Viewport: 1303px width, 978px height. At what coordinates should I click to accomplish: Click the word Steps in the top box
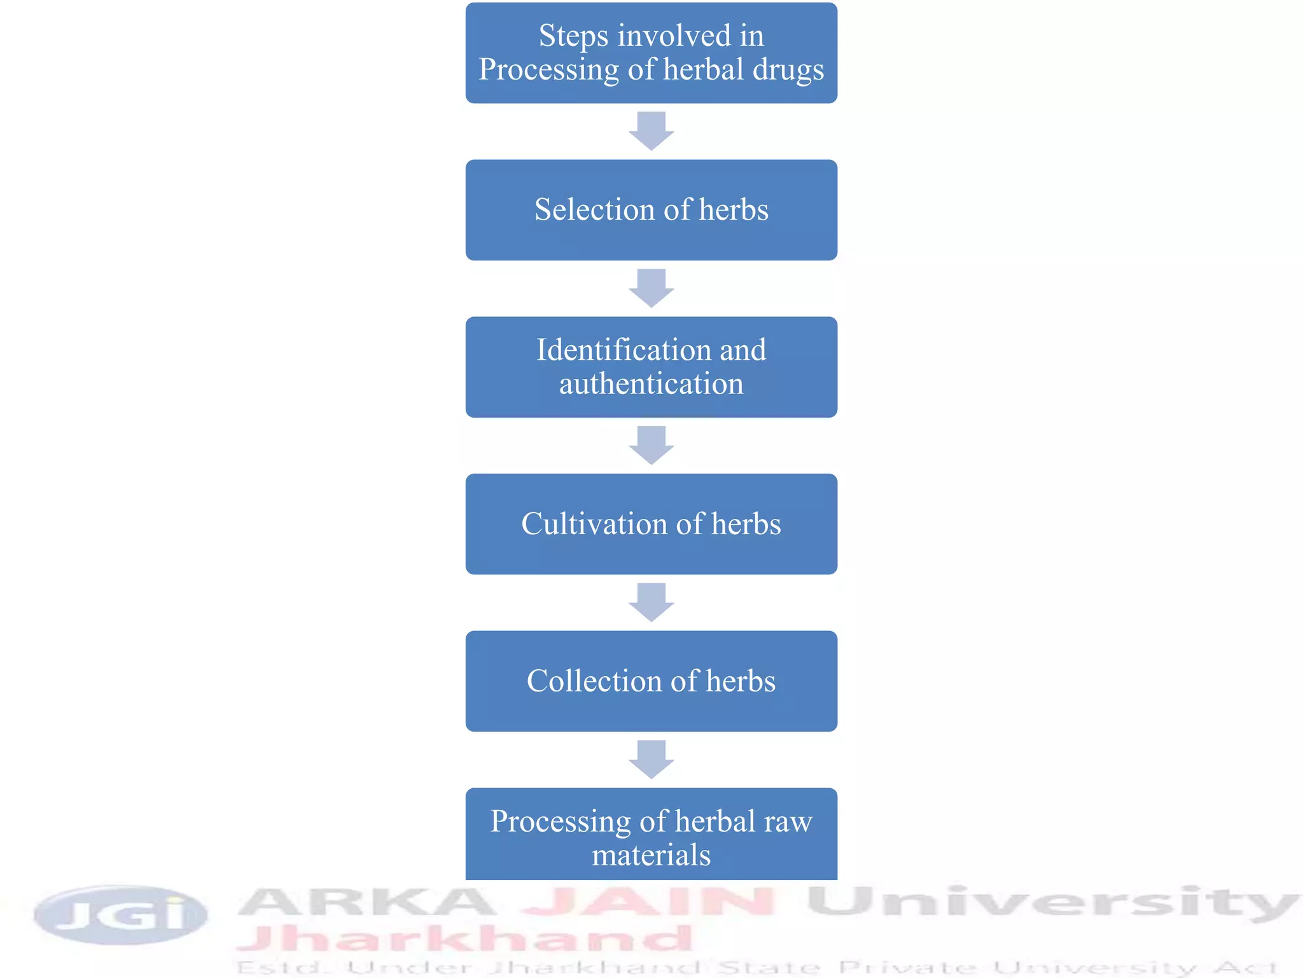[573, 36]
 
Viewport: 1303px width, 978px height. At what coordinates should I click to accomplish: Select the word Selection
[595, 209]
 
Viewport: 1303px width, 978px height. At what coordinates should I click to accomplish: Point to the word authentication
[651, 384]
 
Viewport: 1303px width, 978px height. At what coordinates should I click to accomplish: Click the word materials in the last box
[651, 855]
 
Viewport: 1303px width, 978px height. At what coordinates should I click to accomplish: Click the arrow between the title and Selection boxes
[651, 131]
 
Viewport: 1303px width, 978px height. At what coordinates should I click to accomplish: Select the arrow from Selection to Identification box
[651, 288]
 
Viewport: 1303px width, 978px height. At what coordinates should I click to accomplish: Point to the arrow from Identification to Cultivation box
[651, 446]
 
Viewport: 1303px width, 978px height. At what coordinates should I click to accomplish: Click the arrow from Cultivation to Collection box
[651, 602]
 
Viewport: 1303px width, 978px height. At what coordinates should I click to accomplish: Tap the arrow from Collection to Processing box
[651, 760]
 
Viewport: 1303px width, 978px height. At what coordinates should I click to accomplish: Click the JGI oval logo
[121, 915]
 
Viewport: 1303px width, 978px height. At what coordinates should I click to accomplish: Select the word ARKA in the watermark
[366, 903]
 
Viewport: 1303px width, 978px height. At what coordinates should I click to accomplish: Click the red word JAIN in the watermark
[648, 902]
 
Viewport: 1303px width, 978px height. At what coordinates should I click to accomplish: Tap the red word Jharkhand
[464, 939]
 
